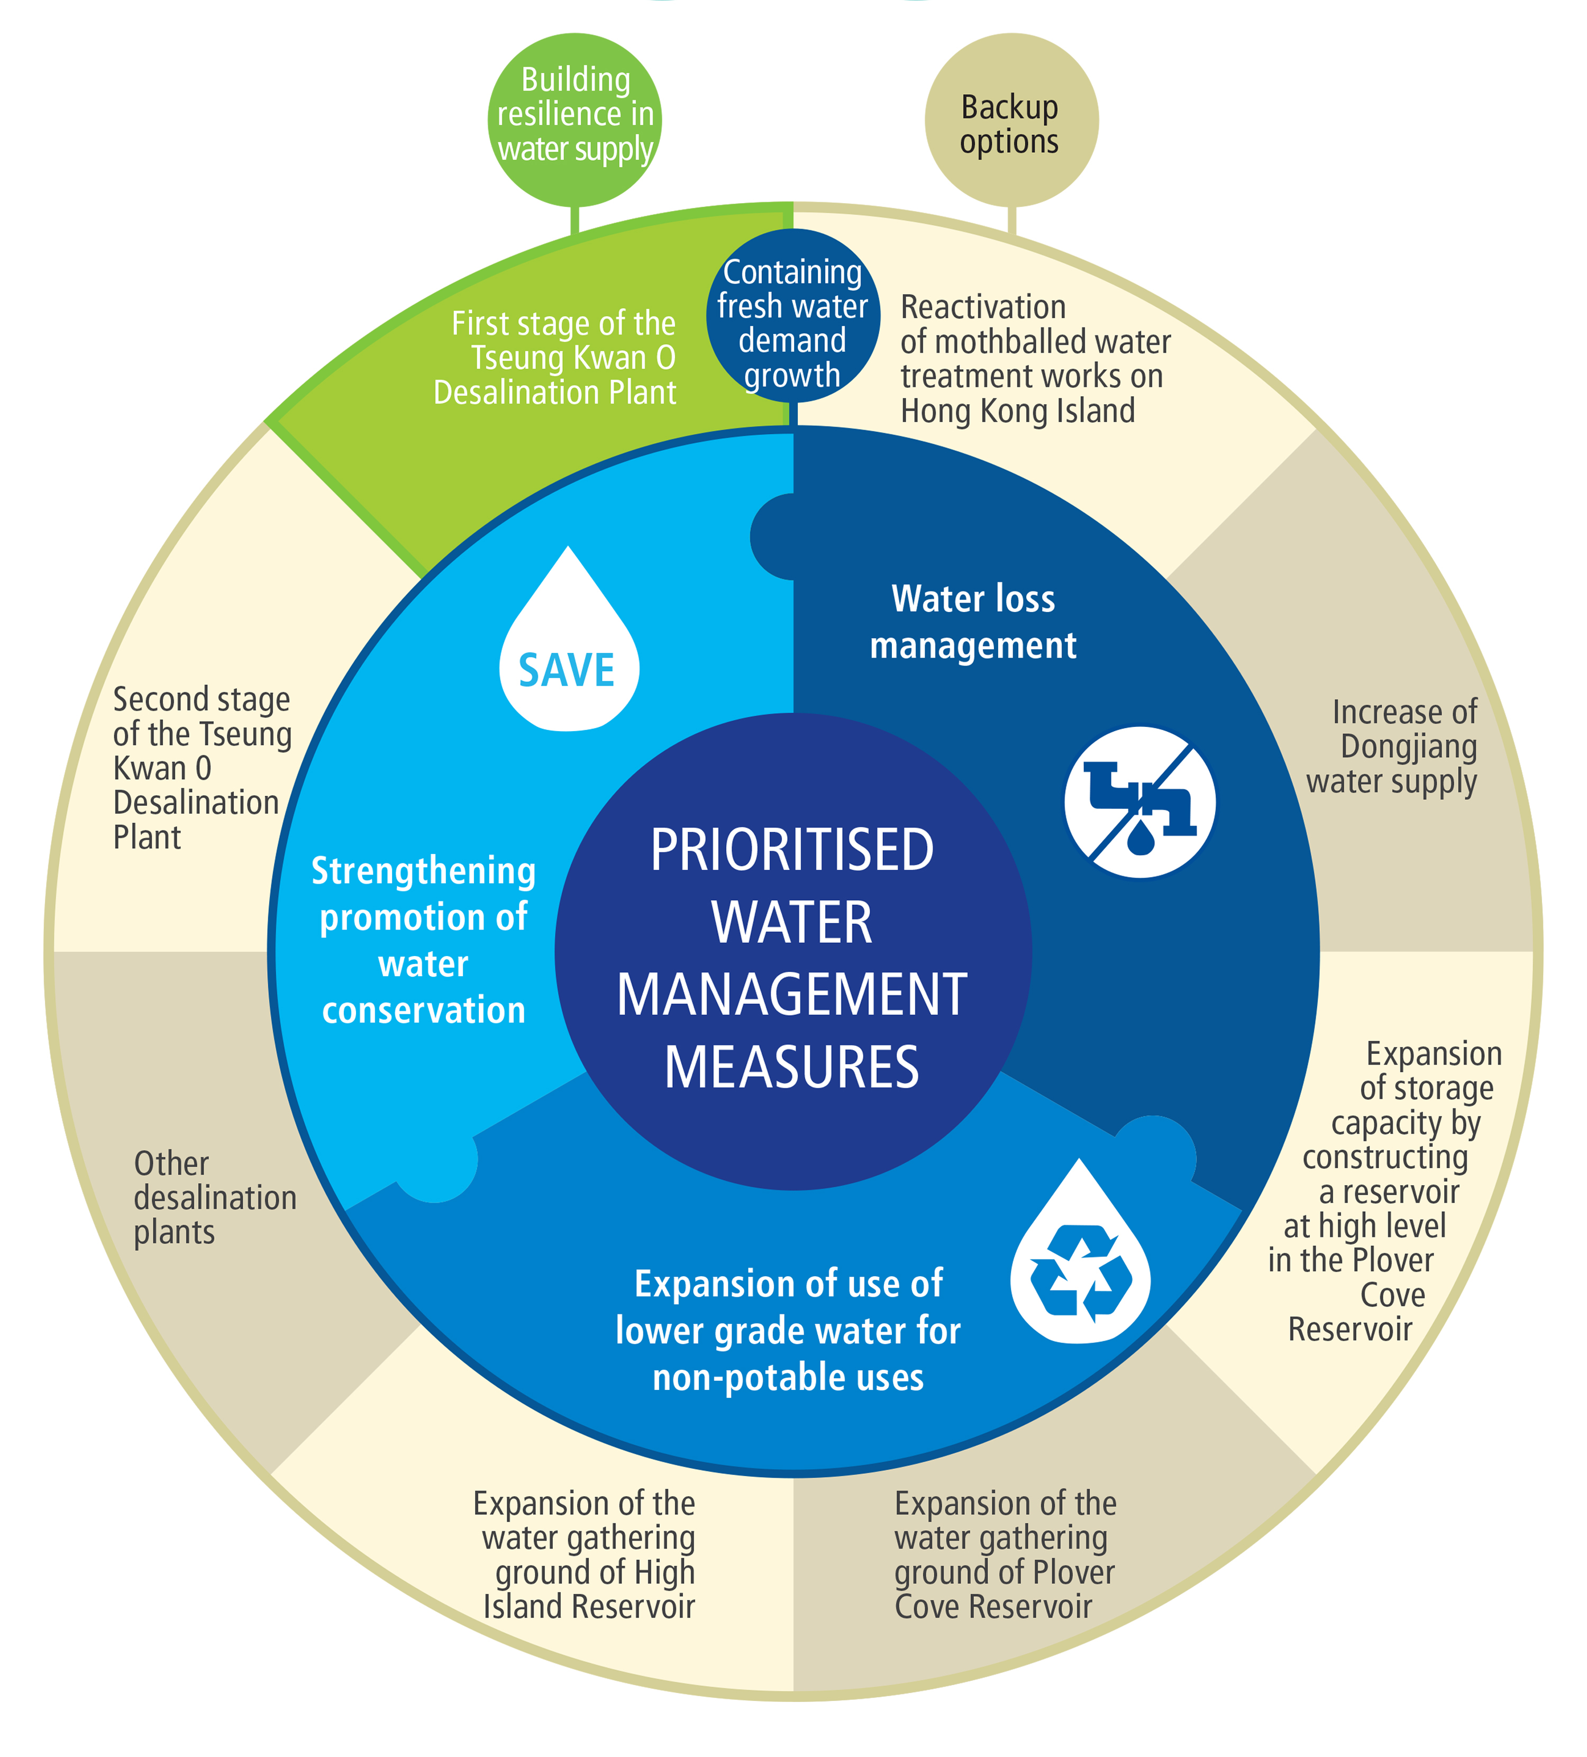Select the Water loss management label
click(x=973, y=622)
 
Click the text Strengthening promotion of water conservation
click(x=424, y=940)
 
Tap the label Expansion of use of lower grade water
click(x=788, y=1331)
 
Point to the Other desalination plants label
click(x=214, y=1197)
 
